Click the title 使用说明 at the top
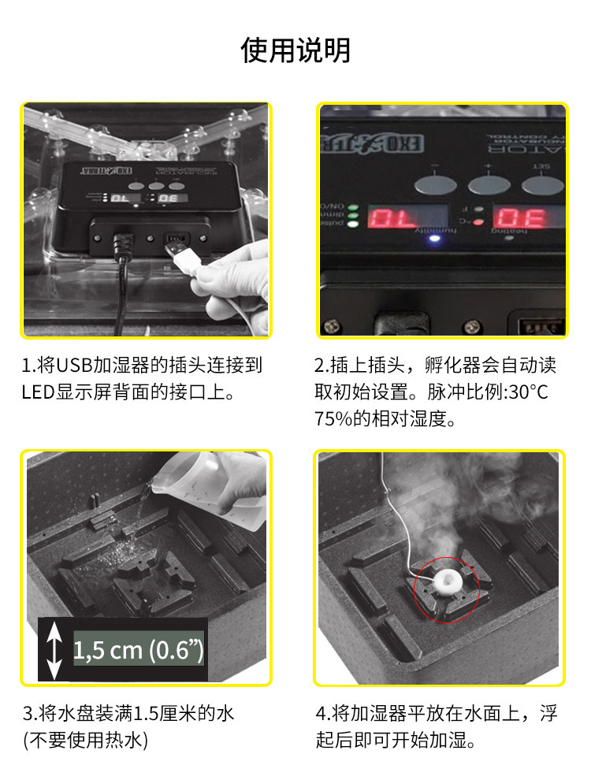tap(295, 50)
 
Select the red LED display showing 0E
tap(522, 217)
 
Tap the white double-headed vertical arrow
tap(54, 650)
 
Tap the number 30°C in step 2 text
tap(527, 392)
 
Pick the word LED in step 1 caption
tap(38, 392)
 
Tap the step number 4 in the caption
tap(320, 715)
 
